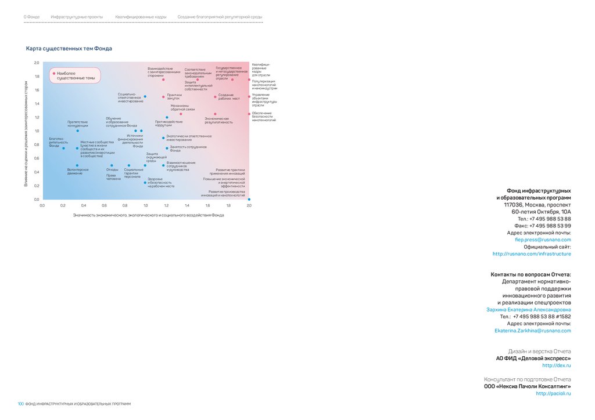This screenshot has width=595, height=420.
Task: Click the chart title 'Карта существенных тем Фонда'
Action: pos(69,49)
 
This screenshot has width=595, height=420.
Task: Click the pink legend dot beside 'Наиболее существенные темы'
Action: pos(53,74)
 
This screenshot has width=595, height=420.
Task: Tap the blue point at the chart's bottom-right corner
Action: pos(249,199)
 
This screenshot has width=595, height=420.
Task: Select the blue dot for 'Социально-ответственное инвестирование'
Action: pos(145,96)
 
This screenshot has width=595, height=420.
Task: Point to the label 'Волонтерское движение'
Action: pos(78,171)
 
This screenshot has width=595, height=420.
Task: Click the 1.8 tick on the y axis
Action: pos(37,76)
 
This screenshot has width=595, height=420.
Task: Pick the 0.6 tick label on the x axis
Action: pos(104,205)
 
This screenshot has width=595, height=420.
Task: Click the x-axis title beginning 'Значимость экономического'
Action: pos(148,215)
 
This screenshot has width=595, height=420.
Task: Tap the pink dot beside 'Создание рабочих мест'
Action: pos(215,97)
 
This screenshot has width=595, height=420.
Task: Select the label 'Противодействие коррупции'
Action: pos(169,124)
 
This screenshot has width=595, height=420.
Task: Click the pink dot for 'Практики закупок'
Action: pos(163,97)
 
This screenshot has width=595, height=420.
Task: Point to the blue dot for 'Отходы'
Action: pos(111,165)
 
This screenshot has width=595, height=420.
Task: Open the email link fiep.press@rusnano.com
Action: pos(543,240)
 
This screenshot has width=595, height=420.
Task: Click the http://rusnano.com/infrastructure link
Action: pos(532,254)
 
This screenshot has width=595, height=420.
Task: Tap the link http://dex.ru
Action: pos(557,365)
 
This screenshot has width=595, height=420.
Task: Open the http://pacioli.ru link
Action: pos(553,393)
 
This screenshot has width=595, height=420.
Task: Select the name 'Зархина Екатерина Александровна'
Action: pos(528,310)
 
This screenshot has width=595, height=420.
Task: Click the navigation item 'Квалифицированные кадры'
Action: pos(141,17)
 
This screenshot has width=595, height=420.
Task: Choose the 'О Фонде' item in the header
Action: pos(31,17)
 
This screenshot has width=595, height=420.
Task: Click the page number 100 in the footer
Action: pos(20,404)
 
